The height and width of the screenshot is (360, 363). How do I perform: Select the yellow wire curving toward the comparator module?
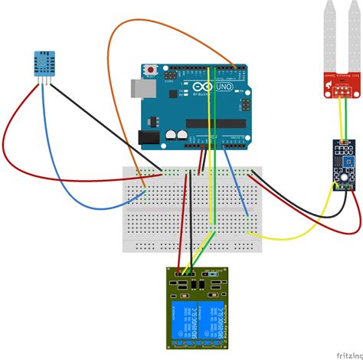(306, 230)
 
